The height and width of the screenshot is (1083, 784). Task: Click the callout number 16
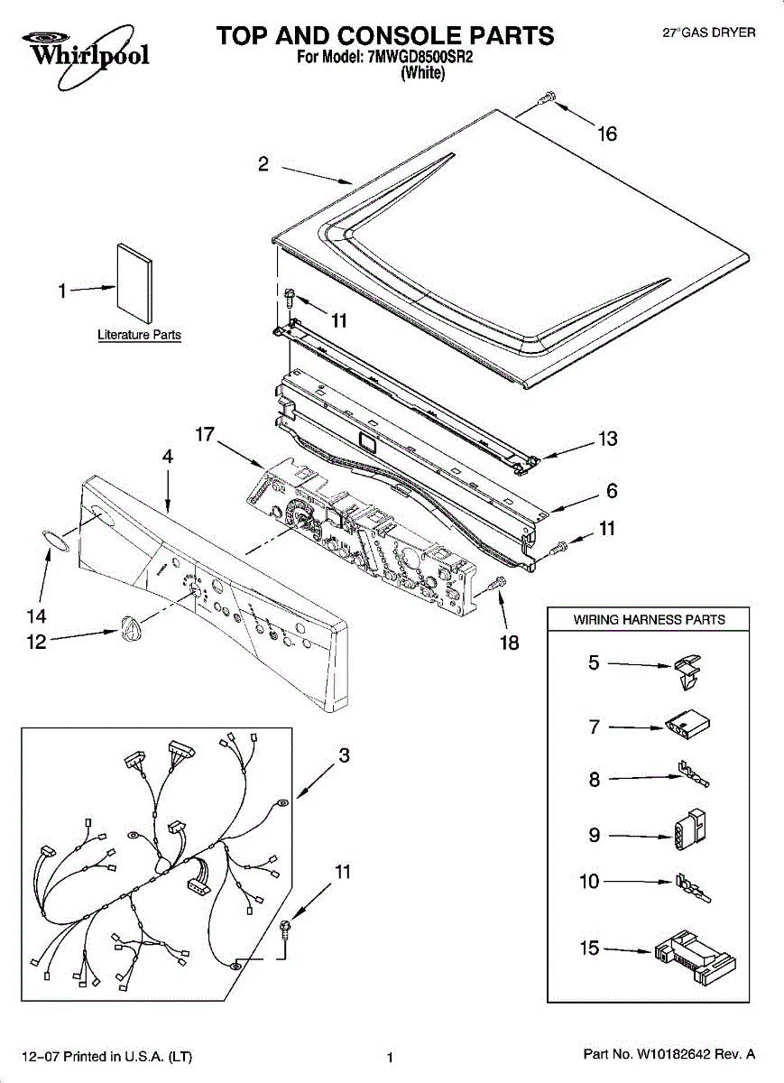tap(607, 134)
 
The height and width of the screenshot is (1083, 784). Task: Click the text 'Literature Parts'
tap(139, 335)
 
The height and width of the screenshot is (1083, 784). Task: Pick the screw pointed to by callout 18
tap(493, 588)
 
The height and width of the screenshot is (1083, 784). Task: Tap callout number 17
tap(205, 435)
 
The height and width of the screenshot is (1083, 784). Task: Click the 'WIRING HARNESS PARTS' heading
tap(649, 619)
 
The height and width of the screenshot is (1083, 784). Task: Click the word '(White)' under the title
tap(421, 73)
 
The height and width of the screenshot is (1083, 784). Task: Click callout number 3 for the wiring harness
tap(344, 755)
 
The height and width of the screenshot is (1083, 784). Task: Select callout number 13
tap(608, 440)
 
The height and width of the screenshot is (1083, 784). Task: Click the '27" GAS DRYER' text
tap(709, 32)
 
